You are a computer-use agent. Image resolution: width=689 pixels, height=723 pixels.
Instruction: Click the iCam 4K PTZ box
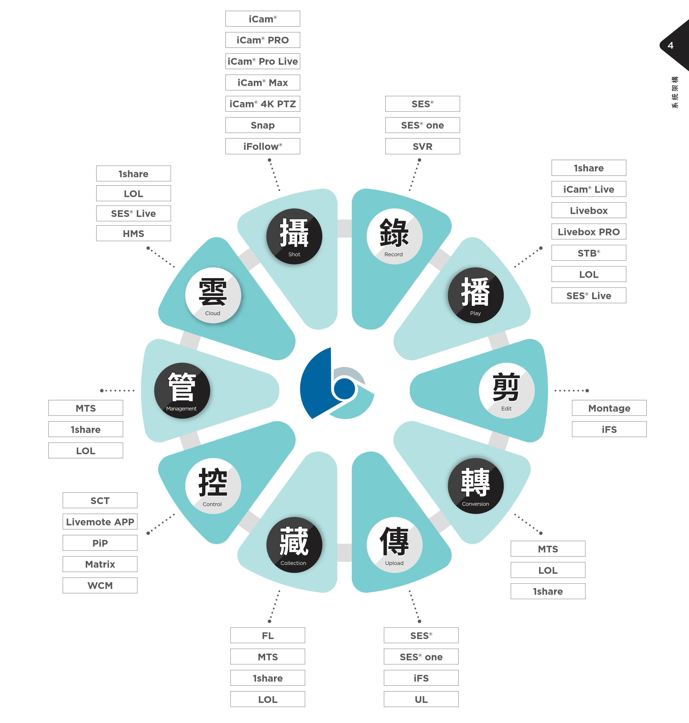(x=263, y=104)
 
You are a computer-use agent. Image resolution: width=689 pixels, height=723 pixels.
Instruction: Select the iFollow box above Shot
(x=263, y=146)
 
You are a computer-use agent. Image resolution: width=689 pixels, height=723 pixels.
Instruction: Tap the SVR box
(x=422, y=146)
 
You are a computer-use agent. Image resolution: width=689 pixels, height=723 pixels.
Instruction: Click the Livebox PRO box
(x=589, y=231)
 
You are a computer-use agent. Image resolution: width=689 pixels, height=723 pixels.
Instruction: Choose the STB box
(x=589, y=253)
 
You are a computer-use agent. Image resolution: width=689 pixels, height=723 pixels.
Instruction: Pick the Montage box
(x=609, y=408)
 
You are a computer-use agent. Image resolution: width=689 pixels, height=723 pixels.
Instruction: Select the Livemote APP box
(x=100, y=522)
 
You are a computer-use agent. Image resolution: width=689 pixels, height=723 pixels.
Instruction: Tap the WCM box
(x=100, y=585)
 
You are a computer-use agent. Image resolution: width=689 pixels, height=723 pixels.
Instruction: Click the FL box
(x=268, y=635)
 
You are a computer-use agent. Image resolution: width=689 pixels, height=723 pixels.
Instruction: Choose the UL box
(x=421, y=699)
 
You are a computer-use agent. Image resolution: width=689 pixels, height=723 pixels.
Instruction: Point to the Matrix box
(x=100, y=564)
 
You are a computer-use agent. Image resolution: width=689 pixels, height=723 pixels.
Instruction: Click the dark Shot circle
(x=294, y=236)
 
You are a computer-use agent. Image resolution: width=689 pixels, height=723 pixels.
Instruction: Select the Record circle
(x=394, y=236)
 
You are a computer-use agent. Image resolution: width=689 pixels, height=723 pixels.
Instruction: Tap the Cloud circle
(x=213, y=295)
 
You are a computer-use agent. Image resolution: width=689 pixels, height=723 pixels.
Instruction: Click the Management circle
(x=182, y=390)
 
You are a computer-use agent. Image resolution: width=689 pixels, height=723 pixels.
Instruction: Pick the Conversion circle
(x=475, y=486)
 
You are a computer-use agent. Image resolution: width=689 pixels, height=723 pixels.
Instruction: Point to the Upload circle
(x=394, y=545)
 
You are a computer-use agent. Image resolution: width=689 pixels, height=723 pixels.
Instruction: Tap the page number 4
(x=670, y=45)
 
